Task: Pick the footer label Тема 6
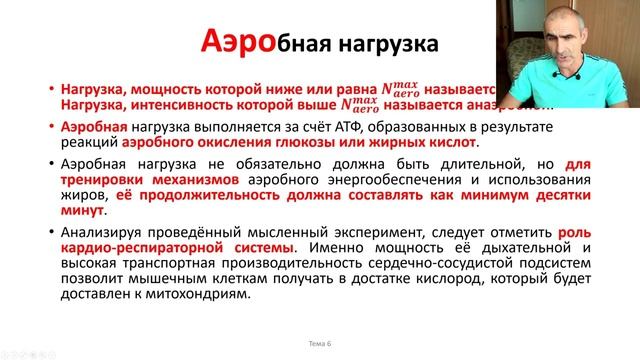[320, 343]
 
